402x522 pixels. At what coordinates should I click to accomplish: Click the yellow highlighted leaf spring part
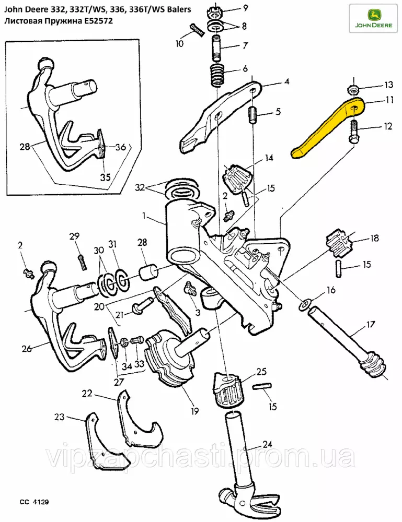tap(328, 127)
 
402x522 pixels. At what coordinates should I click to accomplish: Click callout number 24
tap(268, 445)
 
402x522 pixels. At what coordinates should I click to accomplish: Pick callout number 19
tap(195, 411)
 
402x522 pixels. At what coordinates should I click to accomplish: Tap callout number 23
tap(60, 417)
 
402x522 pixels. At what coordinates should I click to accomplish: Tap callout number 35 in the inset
tap(105, 177)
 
